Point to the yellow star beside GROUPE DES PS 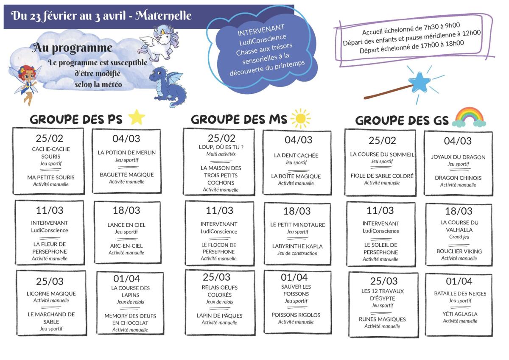136,117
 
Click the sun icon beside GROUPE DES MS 301,118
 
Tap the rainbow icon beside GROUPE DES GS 469,117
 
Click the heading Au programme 72,48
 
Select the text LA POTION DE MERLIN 127,152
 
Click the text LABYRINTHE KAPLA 297,246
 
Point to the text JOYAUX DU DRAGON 459,157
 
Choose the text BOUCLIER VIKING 459,251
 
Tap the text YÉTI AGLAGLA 460,314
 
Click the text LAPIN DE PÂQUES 219,315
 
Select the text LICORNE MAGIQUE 51,293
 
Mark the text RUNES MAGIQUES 382,319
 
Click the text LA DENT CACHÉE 296,155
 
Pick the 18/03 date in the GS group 459,211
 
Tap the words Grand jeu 459,237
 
